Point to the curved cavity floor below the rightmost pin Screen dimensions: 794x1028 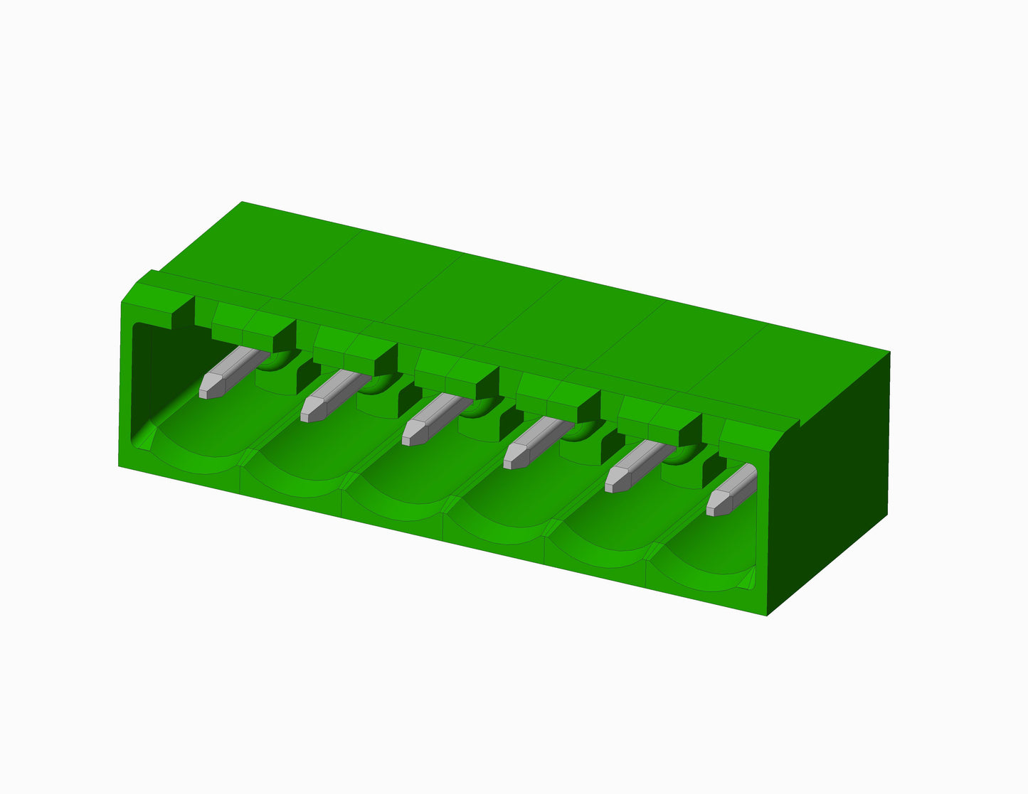(x=704, y=562)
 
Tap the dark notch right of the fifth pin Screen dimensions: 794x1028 (x=714, y=468)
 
